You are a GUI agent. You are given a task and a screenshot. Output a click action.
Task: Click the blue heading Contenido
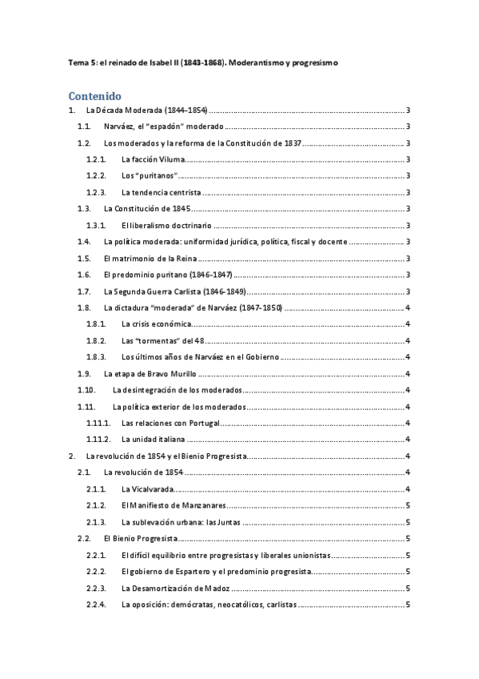(x=94, y=95)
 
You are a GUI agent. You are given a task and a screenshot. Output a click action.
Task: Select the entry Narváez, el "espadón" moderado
(x=163, y=127)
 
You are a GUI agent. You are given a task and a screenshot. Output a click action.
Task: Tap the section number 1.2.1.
(x=96, y=159)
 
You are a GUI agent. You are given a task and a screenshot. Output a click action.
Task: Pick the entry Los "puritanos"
(x=150, y=175)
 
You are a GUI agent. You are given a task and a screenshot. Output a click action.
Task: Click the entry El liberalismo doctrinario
(x=166, y=225)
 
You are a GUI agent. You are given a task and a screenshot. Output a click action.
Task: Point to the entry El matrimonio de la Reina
(x=150, y=258)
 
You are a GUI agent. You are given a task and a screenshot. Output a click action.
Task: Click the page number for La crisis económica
(x=408, y=323)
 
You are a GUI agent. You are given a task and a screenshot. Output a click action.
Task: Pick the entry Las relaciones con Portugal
(x=170, y=423)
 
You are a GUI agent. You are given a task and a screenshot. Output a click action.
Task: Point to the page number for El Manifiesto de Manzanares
(x=408, y=505)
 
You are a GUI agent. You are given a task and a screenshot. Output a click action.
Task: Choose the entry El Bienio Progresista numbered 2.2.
(x=141, y=538)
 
